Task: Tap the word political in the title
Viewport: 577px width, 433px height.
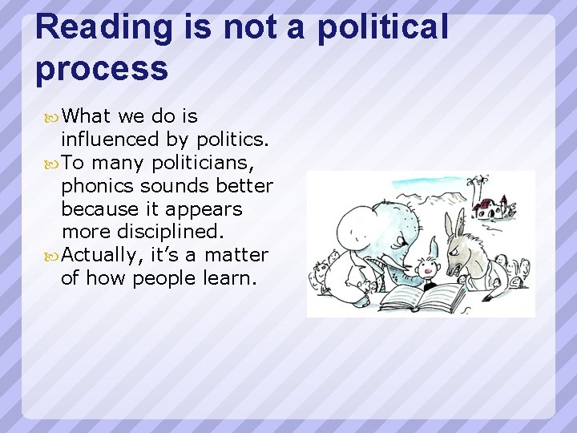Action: (x=382, y=26)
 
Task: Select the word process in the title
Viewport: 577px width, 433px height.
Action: (x=102, y=68)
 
